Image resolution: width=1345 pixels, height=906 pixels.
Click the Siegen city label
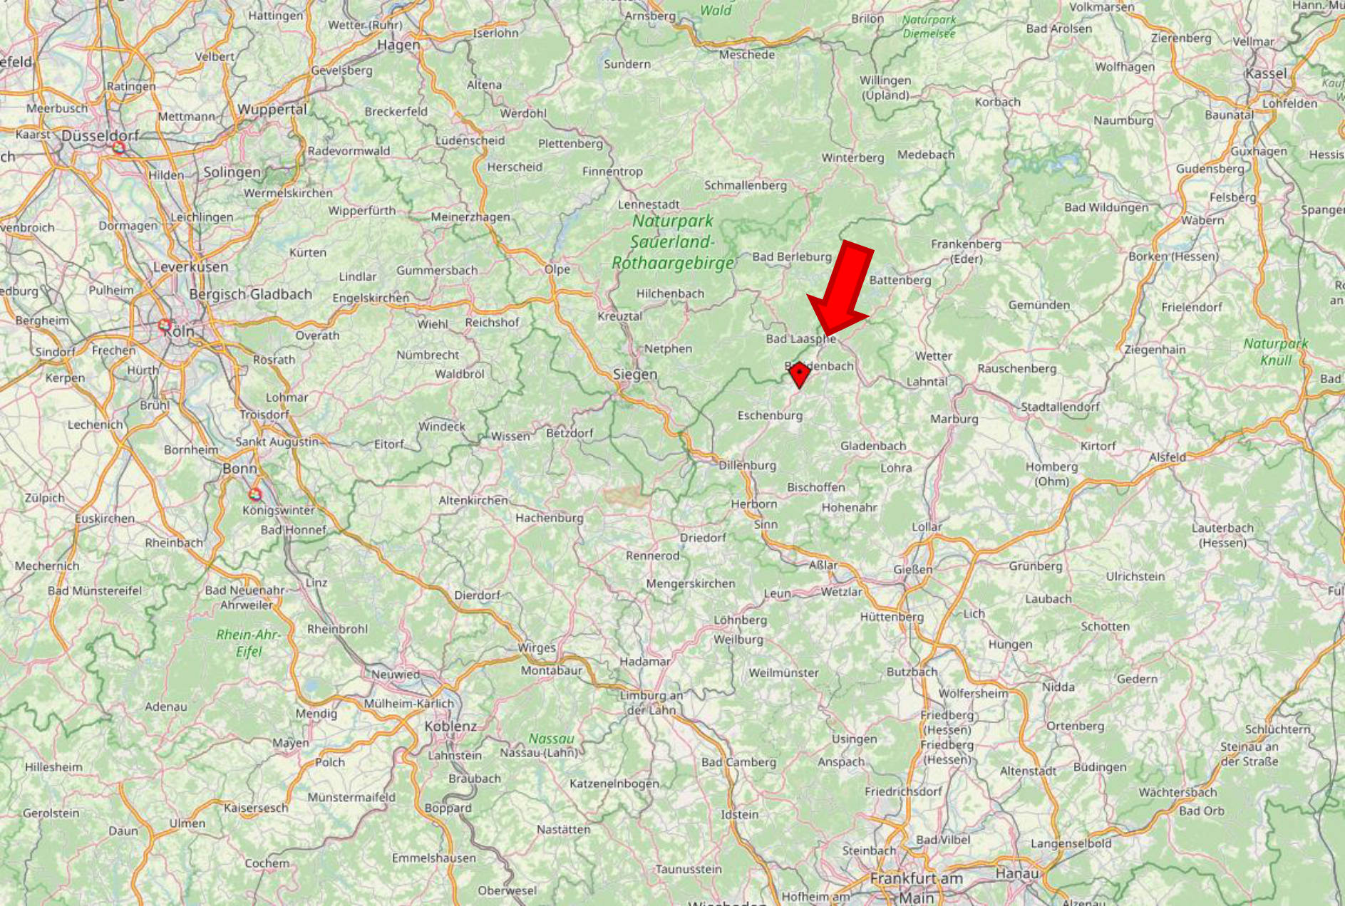tap(635, 374)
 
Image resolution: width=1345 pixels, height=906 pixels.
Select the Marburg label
tap(954, 419)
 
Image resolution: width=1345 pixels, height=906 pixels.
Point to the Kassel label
tap(1267, 73)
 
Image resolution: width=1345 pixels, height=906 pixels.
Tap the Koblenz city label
tap(450, 727)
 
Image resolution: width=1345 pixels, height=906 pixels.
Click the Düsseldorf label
tap(100, 135)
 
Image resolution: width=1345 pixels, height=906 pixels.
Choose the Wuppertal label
tap(272, 110)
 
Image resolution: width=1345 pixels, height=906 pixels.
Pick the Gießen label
tap(912, 569)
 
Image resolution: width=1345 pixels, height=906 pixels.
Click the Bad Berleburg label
tap(792, 256)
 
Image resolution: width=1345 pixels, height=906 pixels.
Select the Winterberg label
tap(852, 157)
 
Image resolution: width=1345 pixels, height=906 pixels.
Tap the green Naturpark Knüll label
tap(1275, 351)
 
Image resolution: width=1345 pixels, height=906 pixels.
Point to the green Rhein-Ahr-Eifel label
tap(249, 642)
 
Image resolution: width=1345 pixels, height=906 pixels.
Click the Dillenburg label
tap(747, 465)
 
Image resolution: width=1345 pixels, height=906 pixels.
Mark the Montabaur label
tap(551, 670)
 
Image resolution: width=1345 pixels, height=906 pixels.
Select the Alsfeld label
tap(1168, 457)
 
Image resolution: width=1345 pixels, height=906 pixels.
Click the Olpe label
tap(557, 269)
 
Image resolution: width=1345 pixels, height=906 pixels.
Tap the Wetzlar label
tap(841, 592)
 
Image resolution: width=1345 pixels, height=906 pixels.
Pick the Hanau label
tap(1017, 873)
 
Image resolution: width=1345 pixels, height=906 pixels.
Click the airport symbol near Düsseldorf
tap(119, 147)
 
